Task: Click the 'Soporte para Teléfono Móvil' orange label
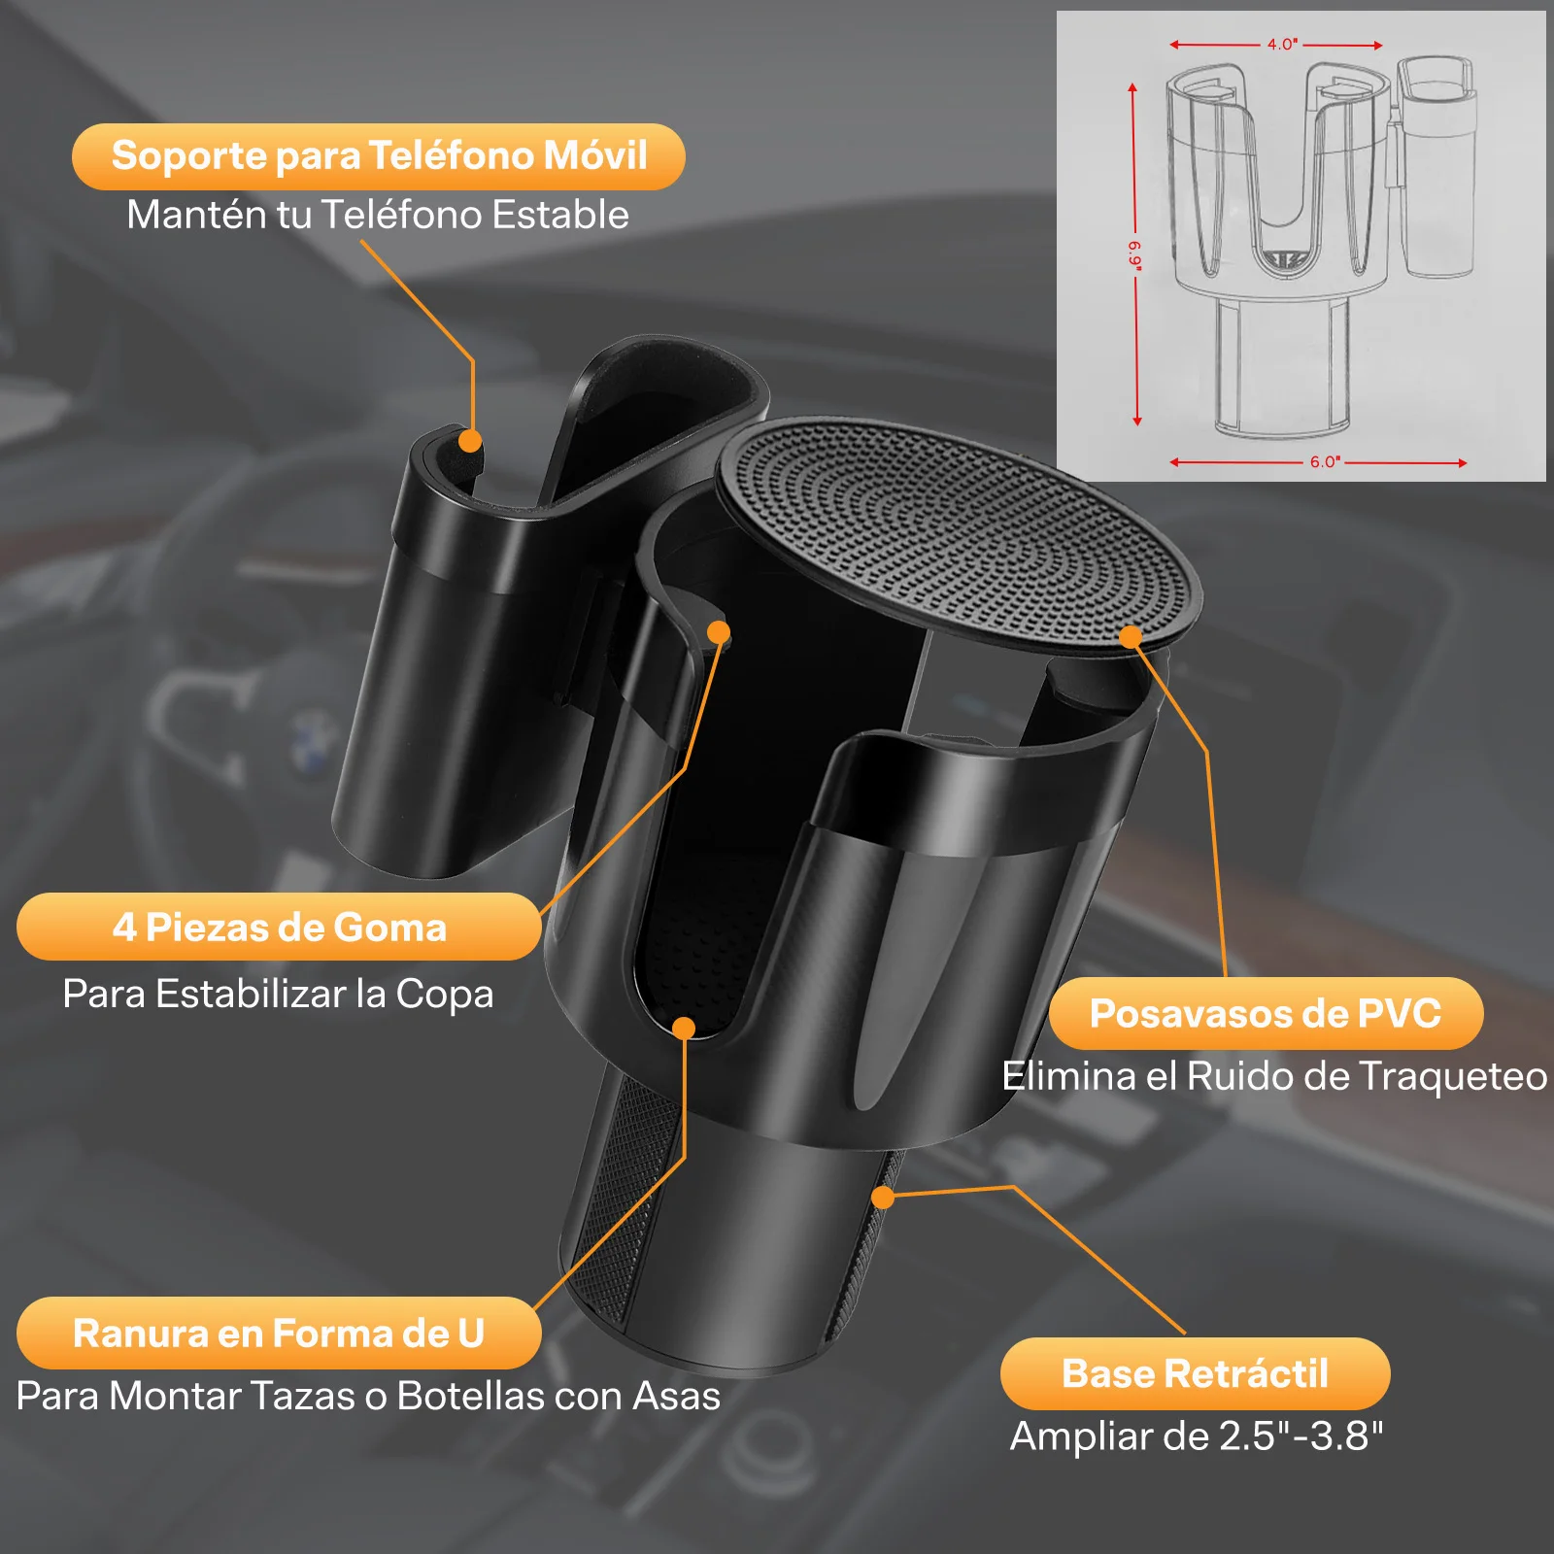point(379,156)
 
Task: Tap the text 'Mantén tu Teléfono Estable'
point(378,215)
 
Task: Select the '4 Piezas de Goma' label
point(279,927)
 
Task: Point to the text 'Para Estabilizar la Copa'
point(279,994)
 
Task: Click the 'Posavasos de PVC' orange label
point(1266,1013)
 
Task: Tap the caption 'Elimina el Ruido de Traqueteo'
point(1274,1076)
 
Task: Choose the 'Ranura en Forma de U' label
point(279,1333)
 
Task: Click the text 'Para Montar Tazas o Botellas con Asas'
point(369,1396)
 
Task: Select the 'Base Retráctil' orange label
point(1195,1373)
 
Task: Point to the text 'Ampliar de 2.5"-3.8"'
point(1197,1436)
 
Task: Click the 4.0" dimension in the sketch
point(1281,45)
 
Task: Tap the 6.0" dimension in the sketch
point(1325,462)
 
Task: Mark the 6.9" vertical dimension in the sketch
point(1133,254)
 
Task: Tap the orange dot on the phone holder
point(470,441)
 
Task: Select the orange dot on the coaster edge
point(1131,637)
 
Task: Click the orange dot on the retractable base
point(883,1198)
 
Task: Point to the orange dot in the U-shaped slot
point(684,1029)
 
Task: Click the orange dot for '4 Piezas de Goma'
point(719,633)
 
